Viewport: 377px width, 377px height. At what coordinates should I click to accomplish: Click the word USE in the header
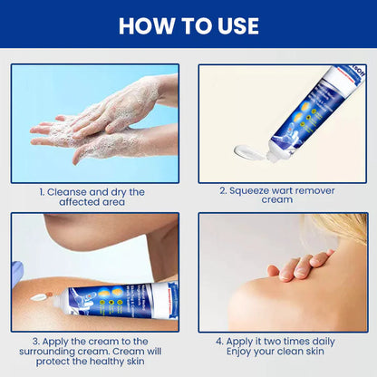(237, 25)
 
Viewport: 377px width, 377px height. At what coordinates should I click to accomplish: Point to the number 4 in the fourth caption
(220, 342)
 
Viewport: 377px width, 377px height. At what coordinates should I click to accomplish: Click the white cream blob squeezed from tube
(250, 150)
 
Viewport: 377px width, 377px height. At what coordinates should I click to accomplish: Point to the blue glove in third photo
(15, 271)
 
